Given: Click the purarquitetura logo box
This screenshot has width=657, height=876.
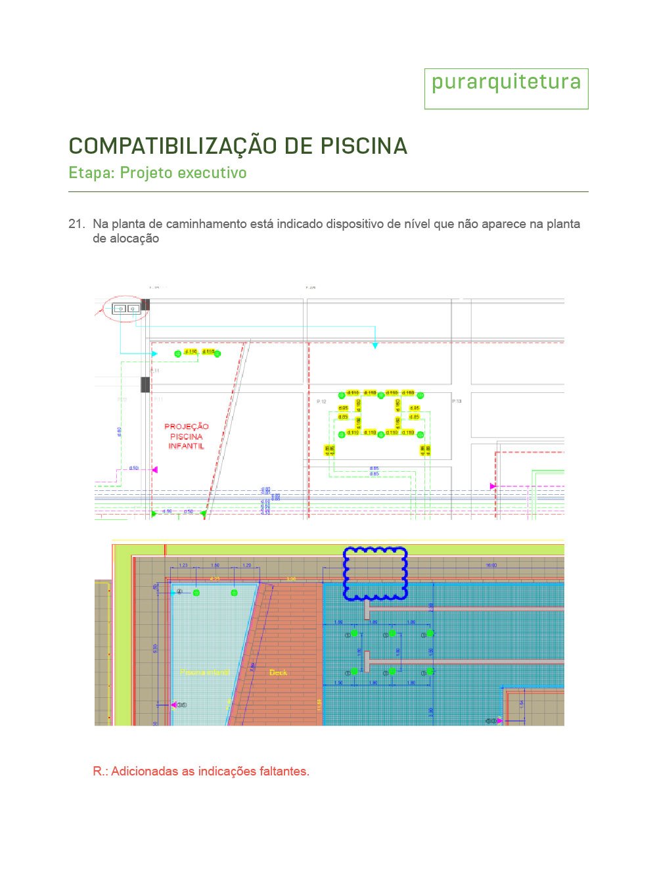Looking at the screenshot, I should (x=506, y=88).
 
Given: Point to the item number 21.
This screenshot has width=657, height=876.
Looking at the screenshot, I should (x=76, y=224).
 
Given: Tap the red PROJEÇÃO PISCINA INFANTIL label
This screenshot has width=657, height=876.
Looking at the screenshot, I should (x=186, y=436).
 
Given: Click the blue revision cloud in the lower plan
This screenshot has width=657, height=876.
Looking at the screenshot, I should (x=375, y=574).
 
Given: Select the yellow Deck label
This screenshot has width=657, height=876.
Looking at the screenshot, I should (x=278, y=672).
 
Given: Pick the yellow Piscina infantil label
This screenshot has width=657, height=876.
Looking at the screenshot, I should (x=204, y=672).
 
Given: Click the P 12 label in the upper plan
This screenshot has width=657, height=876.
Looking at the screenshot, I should (x=321, y=402).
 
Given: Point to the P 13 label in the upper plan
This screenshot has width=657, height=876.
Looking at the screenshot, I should (x=457, y=401).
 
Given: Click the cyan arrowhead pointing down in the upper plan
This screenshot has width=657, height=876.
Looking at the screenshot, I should (x=375, y=345).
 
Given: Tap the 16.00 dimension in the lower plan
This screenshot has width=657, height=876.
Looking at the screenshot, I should (x=491, y=565).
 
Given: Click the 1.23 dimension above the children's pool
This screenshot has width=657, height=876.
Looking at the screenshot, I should (x=183, y=565).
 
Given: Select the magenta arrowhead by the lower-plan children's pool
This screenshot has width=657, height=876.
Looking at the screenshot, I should (x=173, y=705).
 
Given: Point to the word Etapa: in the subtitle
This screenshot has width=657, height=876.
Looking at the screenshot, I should (x=91, y=173).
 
